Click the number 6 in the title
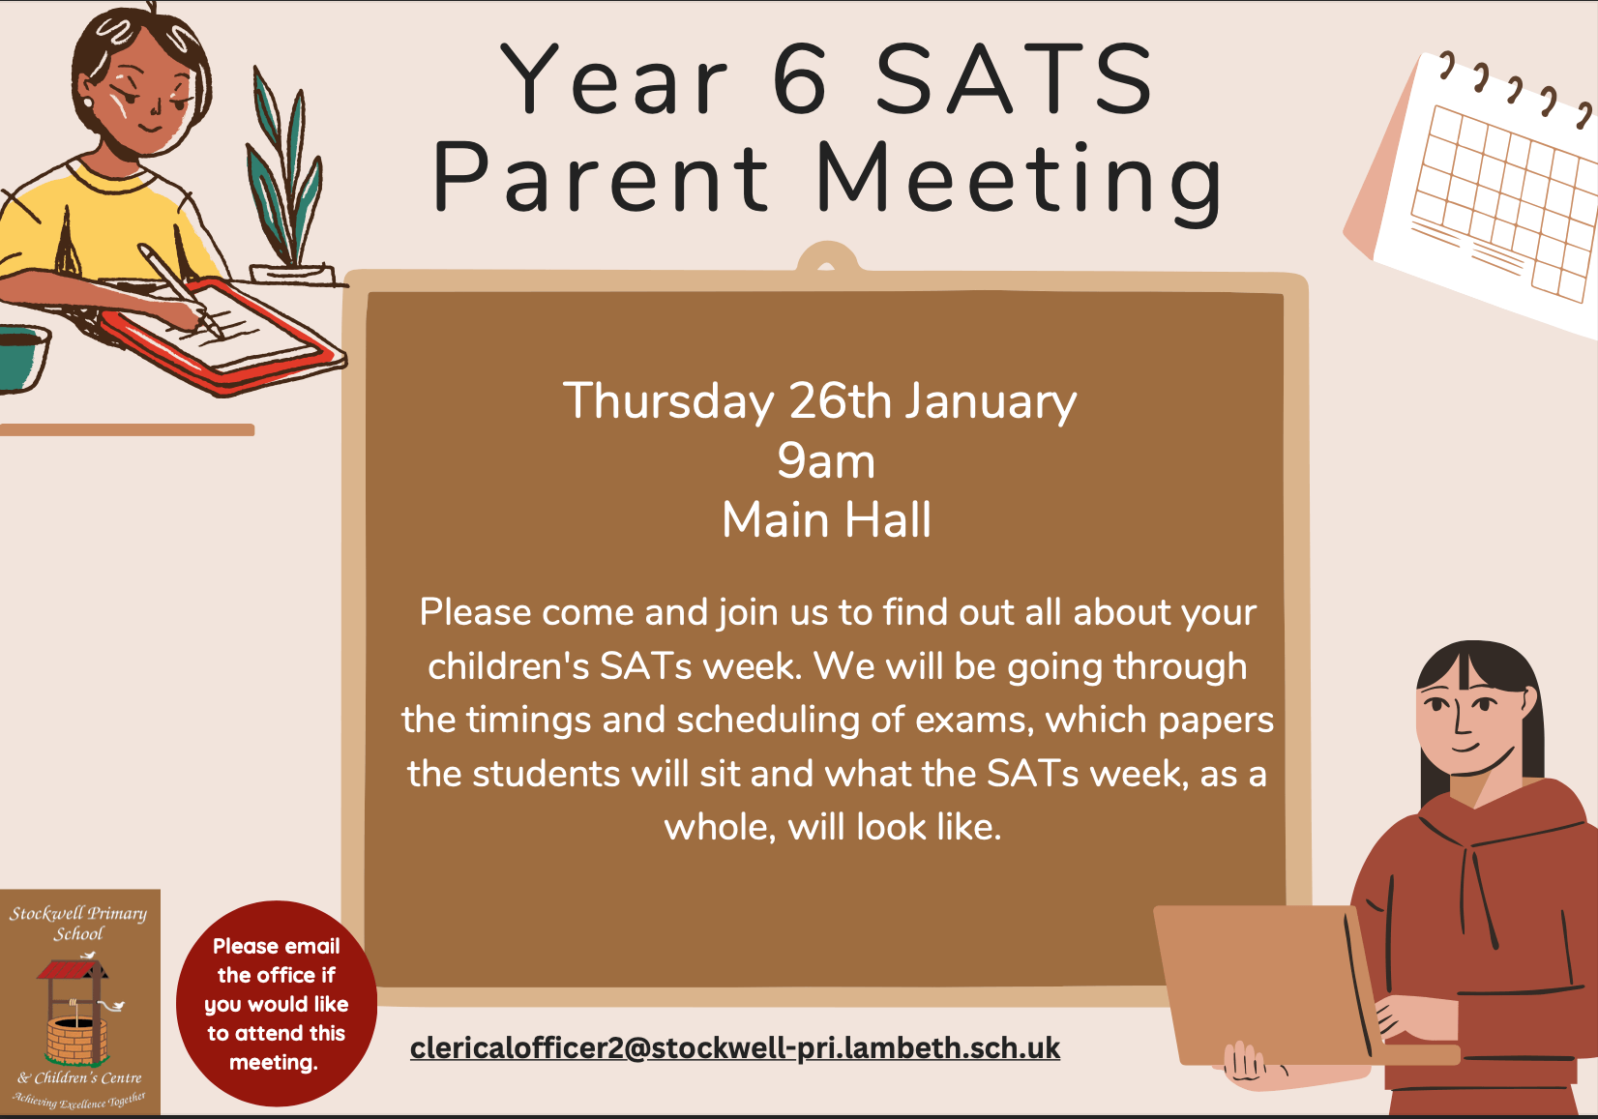click(801, 80)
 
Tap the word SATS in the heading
click(1015, 80)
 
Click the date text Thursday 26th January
click(819, 400)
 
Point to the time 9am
click(826, 461)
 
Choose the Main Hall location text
click(826, 520)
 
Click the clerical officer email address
click(735, 1047)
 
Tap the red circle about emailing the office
click(277, 1004)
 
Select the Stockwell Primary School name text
click(78, 923)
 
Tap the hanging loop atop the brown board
click(826, 259)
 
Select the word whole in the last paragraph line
click(718, 827)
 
